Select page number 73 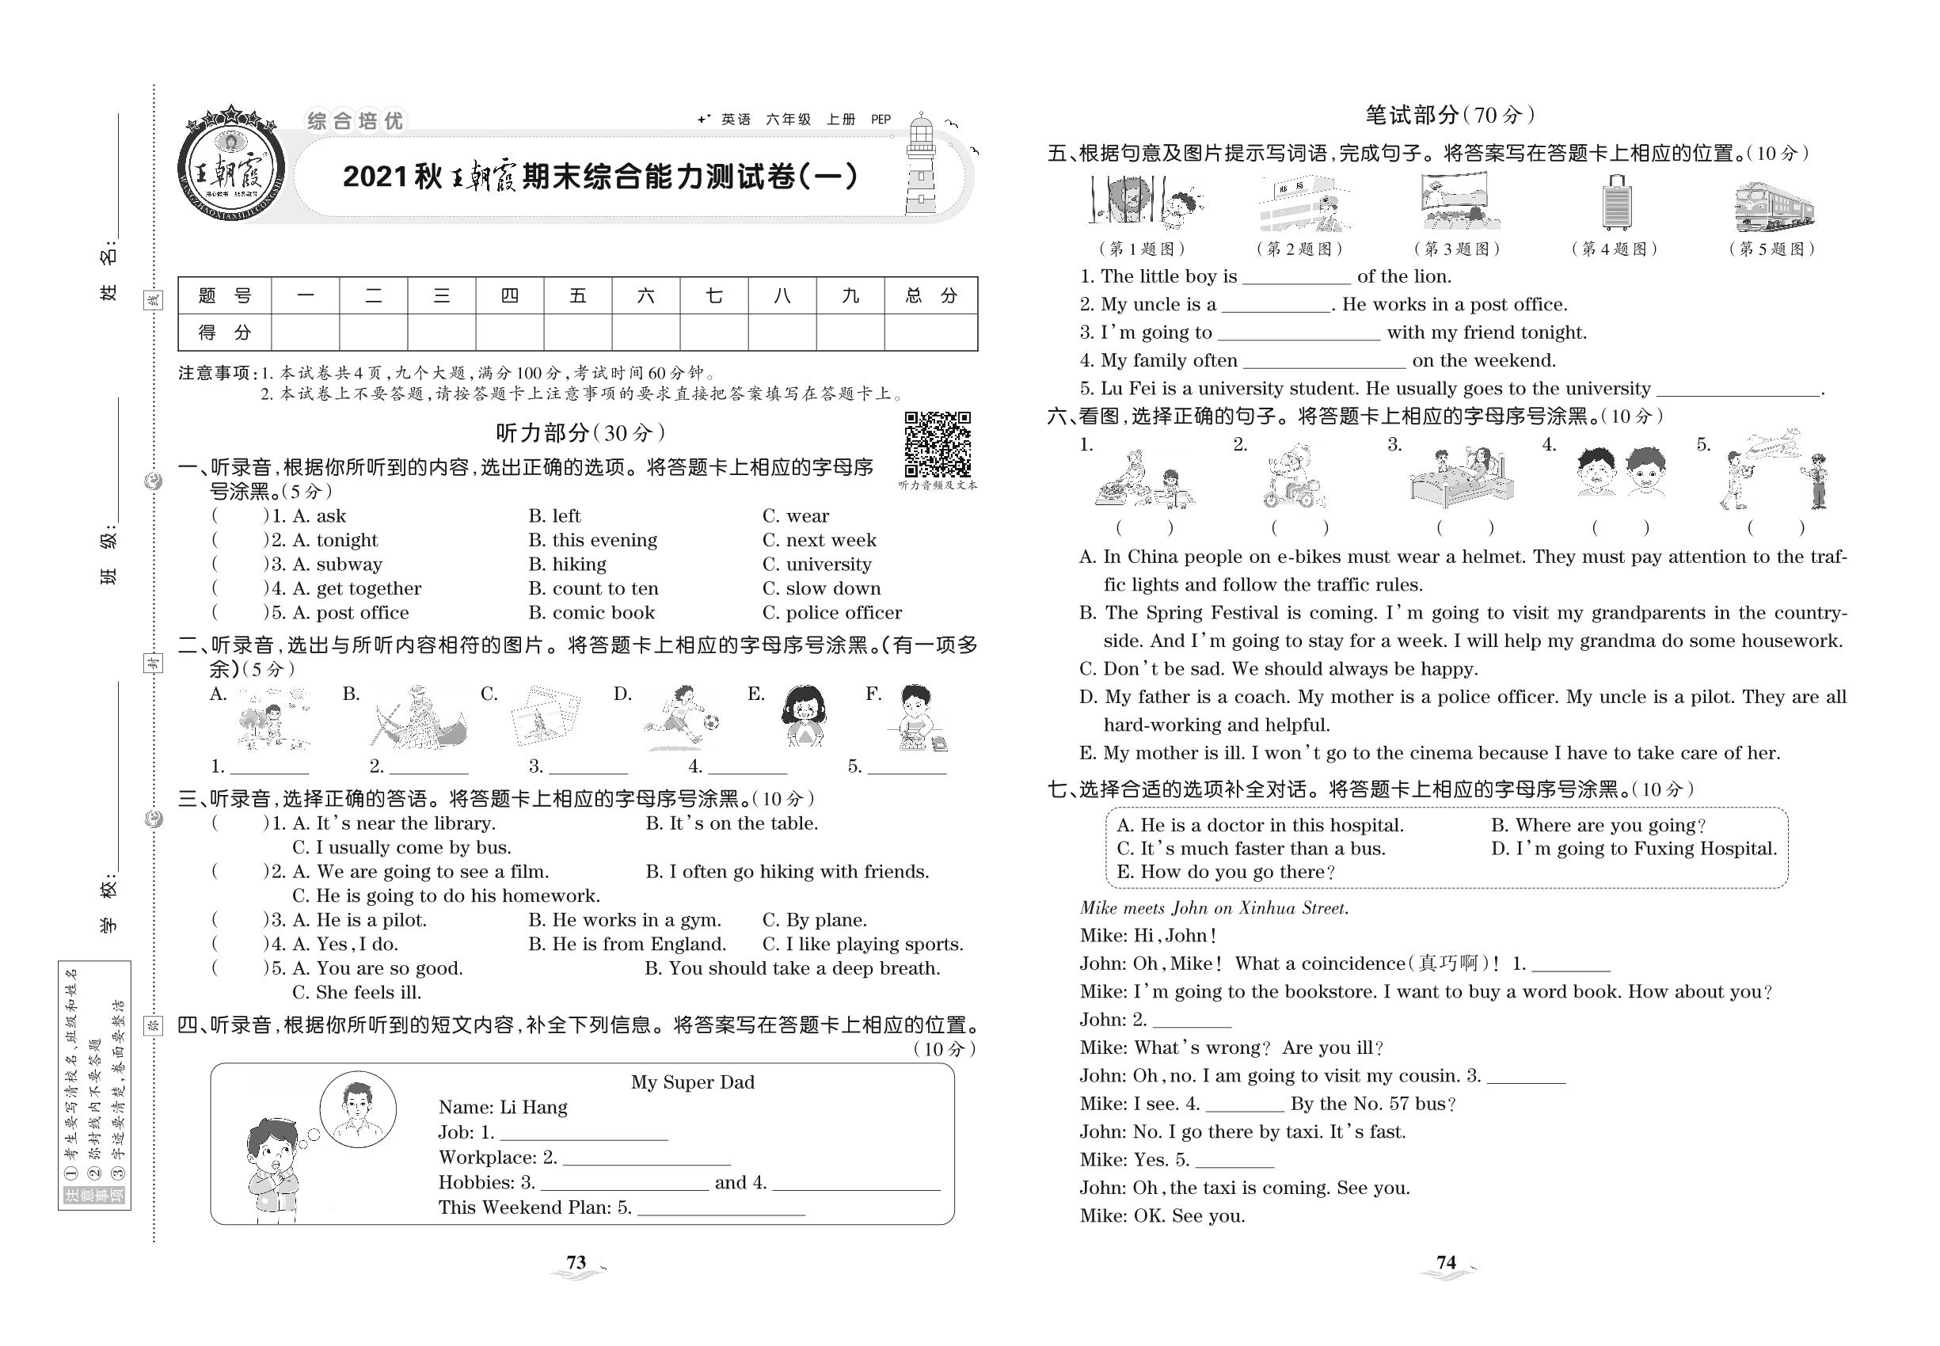[576, 1263]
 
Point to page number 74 [1446, 1263]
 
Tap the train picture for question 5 [1774, 206]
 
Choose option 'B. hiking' [567, 565]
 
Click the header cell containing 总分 [930, 296]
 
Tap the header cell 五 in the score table [578, 296]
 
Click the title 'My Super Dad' [693, 1083]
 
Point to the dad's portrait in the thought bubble [358, 1109]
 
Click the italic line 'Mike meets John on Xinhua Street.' [1214, 908]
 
